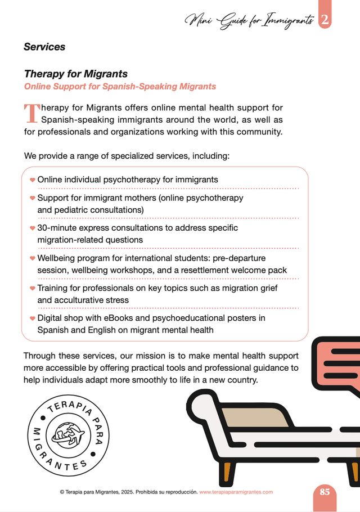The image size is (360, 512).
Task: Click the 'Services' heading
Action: point(44,47)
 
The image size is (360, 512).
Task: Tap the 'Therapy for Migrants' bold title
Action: point(75,74)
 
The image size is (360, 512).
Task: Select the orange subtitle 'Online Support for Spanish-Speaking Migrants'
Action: point(120,87)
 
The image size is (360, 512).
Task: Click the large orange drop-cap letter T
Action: point(31,113)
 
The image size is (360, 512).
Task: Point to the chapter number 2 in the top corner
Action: point(325,21)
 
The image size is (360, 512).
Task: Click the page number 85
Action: point(325,491)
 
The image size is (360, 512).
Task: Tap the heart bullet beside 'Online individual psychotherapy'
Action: point(33,180)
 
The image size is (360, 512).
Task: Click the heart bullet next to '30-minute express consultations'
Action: point(33,228)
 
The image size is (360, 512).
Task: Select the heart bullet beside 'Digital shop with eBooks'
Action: point(33,318)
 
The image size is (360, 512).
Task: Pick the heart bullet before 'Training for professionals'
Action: point(33,288)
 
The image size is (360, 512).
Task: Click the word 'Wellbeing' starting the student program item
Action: point(57,258)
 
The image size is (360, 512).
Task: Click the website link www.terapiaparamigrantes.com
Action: point(236,492)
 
